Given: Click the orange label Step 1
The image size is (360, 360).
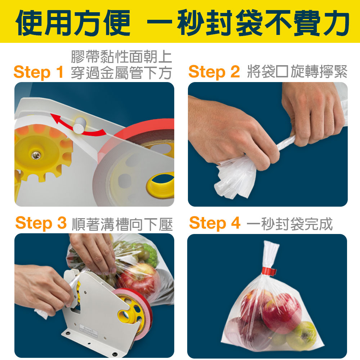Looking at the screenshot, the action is tap(39, 72).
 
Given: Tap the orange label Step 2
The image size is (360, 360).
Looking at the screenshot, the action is tap(214, 72).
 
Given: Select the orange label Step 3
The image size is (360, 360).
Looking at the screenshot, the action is tap(41, 223).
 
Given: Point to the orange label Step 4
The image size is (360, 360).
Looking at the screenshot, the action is tap(215, 223).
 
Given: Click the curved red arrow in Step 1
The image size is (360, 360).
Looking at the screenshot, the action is tap(76, 127).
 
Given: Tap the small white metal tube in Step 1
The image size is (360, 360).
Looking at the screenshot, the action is tap(80, 125).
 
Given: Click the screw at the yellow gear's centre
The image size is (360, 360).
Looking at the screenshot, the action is tap(36, 156).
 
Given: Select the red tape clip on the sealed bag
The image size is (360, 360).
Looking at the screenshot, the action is tap(269, 271).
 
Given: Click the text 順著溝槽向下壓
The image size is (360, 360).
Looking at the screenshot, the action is tap(122, 224).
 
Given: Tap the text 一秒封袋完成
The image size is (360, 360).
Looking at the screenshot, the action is tap(290, 224).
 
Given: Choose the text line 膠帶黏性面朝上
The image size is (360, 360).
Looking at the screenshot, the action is tap(121, 57).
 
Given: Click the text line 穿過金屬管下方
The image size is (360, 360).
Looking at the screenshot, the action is tap(121, 73).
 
